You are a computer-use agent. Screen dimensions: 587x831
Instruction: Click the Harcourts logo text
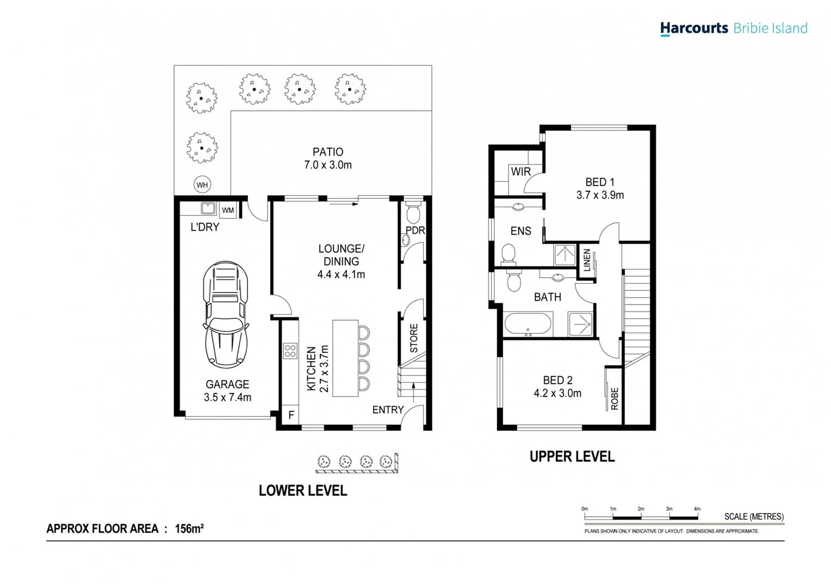(x=694, y=28)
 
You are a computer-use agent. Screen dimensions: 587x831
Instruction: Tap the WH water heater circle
(x=202, y=185)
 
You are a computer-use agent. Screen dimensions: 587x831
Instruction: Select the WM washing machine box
(x=228, y=210)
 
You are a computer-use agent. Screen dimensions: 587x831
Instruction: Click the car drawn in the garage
(x=226, y=314)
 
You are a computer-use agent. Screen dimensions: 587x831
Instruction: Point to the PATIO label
(x=328, y=152)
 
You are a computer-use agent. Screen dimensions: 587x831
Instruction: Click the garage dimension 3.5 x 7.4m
(x=227, y=397)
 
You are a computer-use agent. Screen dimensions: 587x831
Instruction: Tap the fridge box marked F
(x=291, y=415)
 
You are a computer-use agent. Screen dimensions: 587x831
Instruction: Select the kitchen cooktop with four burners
(x=290, y=351)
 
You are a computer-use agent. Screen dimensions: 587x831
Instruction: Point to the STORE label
(x=414, y=338)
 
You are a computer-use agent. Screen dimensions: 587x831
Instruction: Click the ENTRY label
(x=388, y=410)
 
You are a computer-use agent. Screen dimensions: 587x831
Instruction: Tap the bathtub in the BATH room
(x=528, y=324)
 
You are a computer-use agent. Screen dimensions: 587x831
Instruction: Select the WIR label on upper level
(x=520, y=172)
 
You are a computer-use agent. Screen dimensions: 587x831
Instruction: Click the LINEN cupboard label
(x=587, y=260)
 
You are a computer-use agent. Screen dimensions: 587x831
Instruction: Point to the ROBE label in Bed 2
(x=615, y=398)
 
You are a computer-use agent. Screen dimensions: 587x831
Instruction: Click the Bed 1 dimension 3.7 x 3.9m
(x=600, y=195)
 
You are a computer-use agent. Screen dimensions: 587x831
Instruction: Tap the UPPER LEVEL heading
(x=572, y=457)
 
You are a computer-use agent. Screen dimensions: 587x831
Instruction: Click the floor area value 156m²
(x=189, y=528)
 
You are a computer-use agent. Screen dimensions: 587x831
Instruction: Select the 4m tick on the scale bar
(x=697, y=509)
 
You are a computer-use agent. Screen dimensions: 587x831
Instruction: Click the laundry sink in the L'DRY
(x=208, y=208)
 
